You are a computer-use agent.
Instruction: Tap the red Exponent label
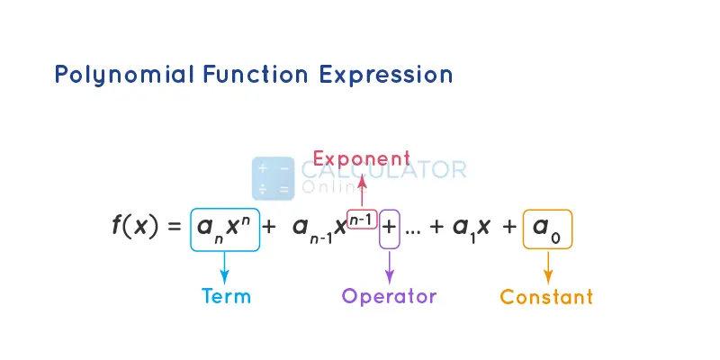pos(362,160)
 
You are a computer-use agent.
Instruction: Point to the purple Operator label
pos(389,296)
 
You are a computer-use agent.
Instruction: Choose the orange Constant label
pos(546,296)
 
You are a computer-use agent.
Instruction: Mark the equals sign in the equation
pos(174,227)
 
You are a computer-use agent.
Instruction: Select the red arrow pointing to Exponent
pos(362,191)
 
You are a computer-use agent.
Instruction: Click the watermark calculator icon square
pos(273,178)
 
